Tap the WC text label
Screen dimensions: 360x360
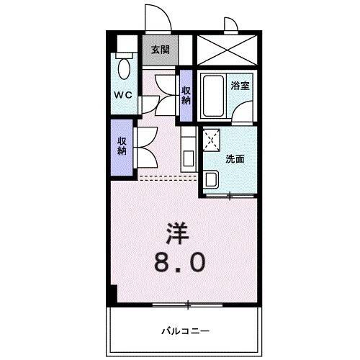pyautogui.click(x=121, y=94)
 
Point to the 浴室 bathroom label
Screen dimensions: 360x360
pyautogui.click(x=240, y=85)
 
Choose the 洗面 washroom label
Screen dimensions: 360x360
pyautogui.click(x=235, y=159)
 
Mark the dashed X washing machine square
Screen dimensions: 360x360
pyautogui.click(x=212, y=140)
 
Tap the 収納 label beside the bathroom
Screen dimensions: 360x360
pyautogui.click(x=186, y=95)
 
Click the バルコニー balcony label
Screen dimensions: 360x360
pyautogui.click(x=186, y=330)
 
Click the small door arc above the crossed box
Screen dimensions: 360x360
pyautogui.click(x=233, y=26)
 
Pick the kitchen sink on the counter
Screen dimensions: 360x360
pyautogui.click(x=186, y=158)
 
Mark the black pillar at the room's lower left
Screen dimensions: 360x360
pyautogui.click(x=113, y=294)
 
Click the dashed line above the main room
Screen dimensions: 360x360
pyautogui.click(x=166, y=176)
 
